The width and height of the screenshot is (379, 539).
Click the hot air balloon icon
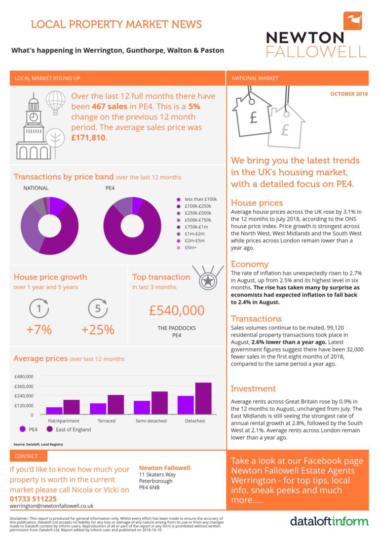pyautogui.click(x=55, y=101)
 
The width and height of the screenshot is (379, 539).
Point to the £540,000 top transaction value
pyautogui.click(x=177, y=310)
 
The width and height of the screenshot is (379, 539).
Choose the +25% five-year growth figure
pyautogui.click(x=98, y=329)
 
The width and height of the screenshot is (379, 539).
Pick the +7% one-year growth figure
pyautogui.click(x=39, y=329)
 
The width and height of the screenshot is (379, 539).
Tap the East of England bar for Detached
pyautogui.click(x=203, y=398)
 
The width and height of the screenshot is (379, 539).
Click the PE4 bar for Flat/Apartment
pyautogui.click(x=54, y=411)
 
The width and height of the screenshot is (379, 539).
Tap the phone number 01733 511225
pyautogui.click(x=33, y=499)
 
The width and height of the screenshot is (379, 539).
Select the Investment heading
pyautogui.click(x=253, y=388)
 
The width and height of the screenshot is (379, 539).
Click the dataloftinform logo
pyautogui.click(x=329, y=521)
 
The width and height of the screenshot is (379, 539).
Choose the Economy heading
pyautogui.click(x=249, y=264)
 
